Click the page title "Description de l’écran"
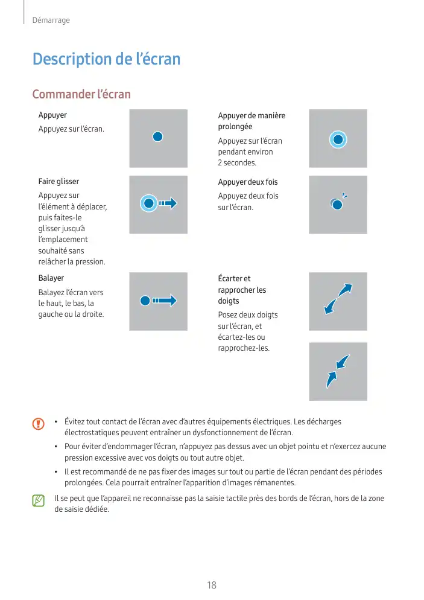pos(106,59)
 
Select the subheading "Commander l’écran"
pos(81,95)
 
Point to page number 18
pos(212,585)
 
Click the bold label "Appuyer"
pos(52,115)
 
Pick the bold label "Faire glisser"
pos(59,181)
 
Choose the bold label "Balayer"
pos(51,278)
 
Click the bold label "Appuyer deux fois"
pos(248,182)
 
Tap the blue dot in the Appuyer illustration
pos(157,137)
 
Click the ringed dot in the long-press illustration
pos(338,140)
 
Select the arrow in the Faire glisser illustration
pos(168,203)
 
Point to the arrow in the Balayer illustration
pos(164,300)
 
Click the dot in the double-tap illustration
pos(337,205)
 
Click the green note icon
pos(39,500)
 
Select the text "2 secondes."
pos(237,163)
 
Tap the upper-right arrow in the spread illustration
pos(346,290)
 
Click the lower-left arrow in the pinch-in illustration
pos(331,379)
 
